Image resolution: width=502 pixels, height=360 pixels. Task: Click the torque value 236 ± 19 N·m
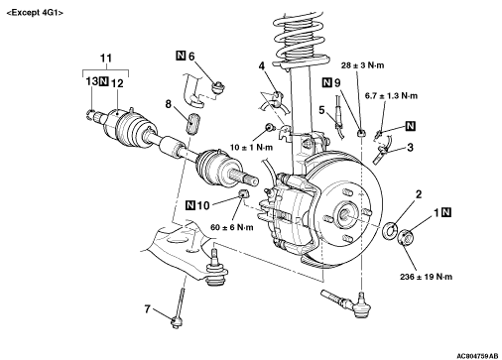(426, 277)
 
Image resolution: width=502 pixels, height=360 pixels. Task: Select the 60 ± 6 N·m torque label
(231, 227)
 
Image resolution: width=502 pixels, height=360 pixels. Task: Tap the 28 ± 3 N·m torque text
(362, 65)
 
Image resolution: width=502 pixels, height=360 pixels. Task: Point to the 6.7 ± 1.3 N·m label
(391, 96)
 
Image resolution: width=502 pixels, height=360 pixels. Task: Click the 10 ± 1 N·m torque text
(251, 147)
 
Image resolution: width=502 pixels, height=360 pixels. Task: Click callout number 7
(147, 309)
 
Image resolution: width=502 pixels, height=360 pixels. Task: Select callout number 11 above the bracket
(106, 59)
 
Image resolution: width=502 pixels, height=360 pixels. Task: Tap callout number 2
(419, 194)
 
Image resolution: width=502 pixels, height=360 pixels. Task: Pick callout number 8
(169, 104)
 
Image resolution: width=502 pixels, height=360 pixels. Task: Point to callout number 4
(262, 66)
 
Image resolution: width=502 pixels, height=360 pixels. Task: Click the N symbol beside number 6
(181, 56)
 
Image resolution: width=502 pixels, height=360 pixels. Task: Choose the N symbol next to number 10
(190, 205)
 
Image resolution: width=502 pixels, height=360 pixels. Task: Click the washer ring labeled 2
(390, 230)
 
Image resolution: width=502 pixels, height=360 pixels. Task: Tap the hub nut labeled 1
(406, 238)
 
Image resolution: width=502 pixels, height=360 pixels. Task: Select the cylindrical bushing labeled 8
(193, 123)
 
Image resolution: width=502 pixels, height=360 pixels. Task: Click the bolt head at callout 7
(176, 322)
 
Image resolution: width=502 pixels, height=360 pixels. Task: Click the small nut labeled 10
(243, 192)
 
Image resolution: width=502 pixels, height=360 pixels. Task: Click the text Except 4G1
(35, 13)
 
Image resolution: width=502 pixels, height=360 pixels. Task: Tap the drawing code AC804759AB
(477, 356)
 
